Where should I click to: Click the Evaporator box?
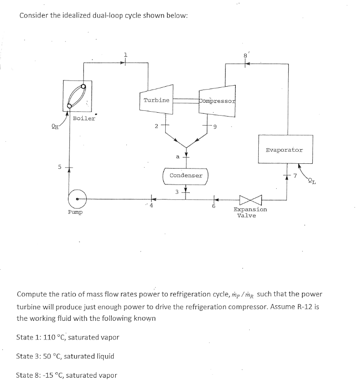pyautogui.click(x=284, y=150)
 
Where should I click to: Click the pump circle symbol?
pyautogui.click(x=77, y=197)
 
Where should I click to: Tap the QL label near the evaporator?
pyautogui.click(x=312, y=182)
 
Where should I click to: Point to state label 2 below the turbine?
pyautogui.click(x=156, y=127)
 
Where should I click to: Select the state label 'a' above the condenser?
pyautogui.click(x=177, y=156)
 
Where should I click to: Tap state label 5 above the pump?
pyautogui.click(x=60, y=167)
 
